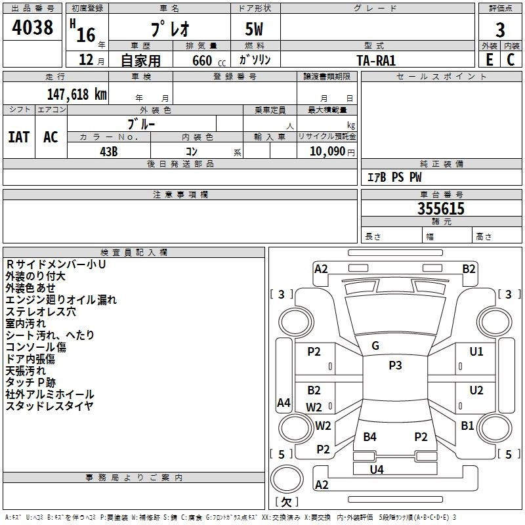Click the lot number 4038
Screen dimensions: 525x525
click(x=32, y=28)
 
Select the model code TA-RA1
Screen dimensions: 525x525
click(x=376, y=60)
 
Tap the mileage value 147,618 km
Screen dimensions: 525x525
click(x=77, y=94)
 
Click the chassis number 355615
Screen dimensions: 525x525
click(x=441, y=209)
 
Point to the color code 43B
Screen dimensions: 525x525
click(x=108, y=150)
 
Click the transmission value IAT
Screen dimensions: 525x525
click(x=18, y=137)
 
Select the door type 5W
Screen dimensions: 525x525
click(x=255, y=29)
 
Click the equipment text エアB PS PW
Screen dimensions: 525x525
click(x=394, y=177)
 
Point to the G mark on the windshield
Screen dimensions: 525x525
click(x=375, y=346)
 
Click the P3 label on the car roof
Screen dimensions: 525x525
click(x=395, y=366)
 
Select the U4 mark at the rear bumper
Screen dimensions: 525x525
click(x=377, y=469)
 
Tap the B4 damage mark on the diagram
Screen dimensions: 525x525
click(x=370, y=436)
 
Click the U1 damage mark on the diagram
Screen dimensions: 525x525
click(x=476, y=352)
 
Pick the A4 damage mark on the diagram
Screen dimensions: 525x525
click(x=283, y=403)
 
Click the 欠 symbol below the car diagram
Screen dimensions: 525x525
click(x=286, y=502)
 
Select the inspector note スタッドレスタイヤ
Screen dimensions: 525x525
click(x=50, y=406)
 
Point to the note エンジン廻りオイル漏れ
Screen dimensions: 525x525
click(x=61, y=299)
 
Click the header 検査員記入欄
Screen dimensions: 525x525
click(x=134, y=252)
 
